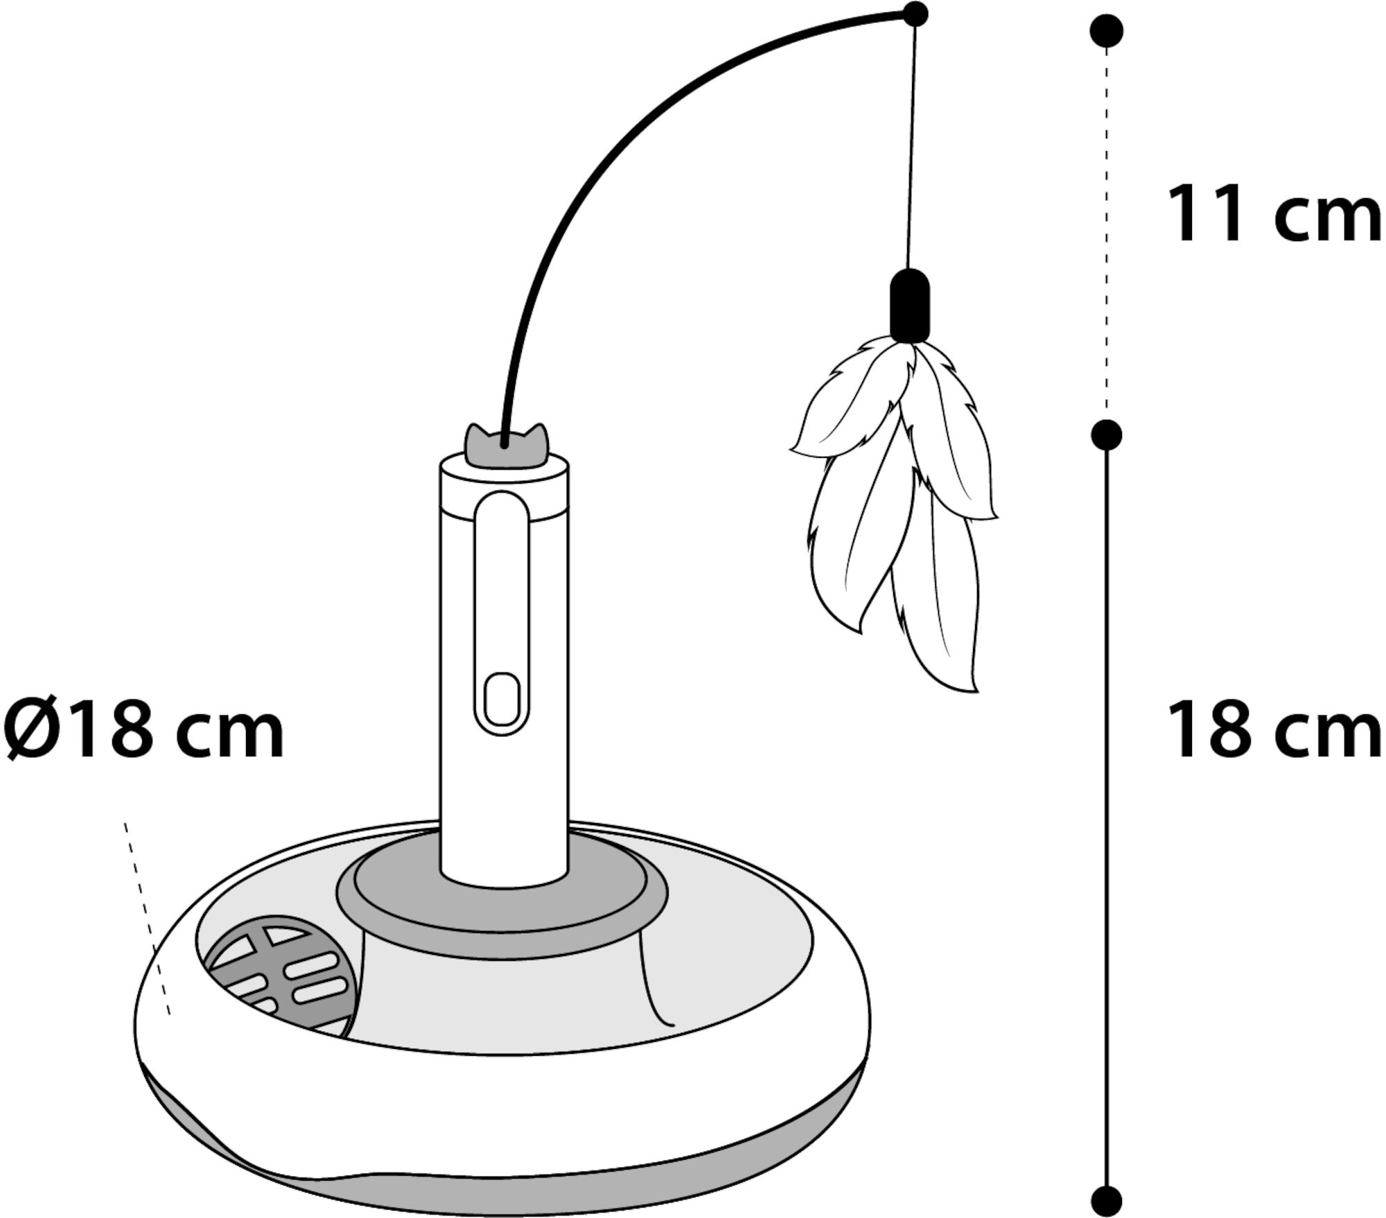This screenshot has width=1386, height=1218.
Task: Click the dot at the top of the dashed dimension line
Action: pos(1107,32)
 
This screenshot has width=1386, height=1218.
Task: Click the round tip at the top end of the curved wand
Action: pos(916,14)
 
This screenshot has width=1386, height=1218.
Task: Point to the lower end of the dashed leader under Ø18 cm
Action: pos(168,1015)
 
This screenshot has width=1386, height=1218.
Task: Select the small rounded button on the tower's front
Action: pos(502,699)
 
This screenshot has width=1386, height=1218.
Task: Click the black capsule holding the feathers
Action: pos(910,306)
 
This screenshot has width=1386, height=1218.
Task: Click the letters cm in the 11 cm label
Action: pos(1327,220)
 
